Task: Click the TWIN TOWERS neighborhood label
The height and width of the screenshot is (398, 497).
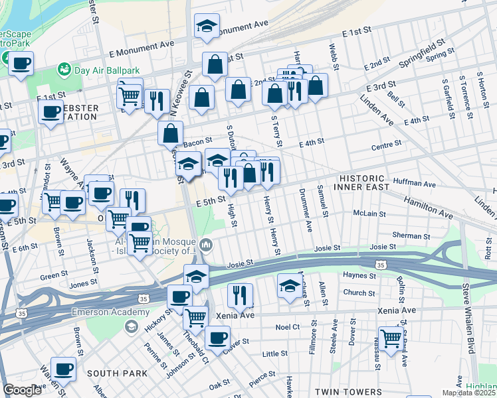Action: (348, 392)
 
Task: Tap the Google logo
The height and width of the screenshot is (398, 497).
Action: (23, 390)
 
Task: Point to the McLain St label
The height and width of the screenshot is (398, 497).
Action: (369, 214)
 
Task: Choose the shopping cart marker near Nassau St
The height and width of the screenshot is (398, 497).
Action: (391, 338)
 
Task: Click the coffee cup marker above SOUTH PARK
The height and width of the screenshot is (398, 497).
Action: (63, 368)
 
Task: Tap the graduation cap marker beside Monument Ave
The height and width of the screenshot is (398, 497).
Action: (207, 26)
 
